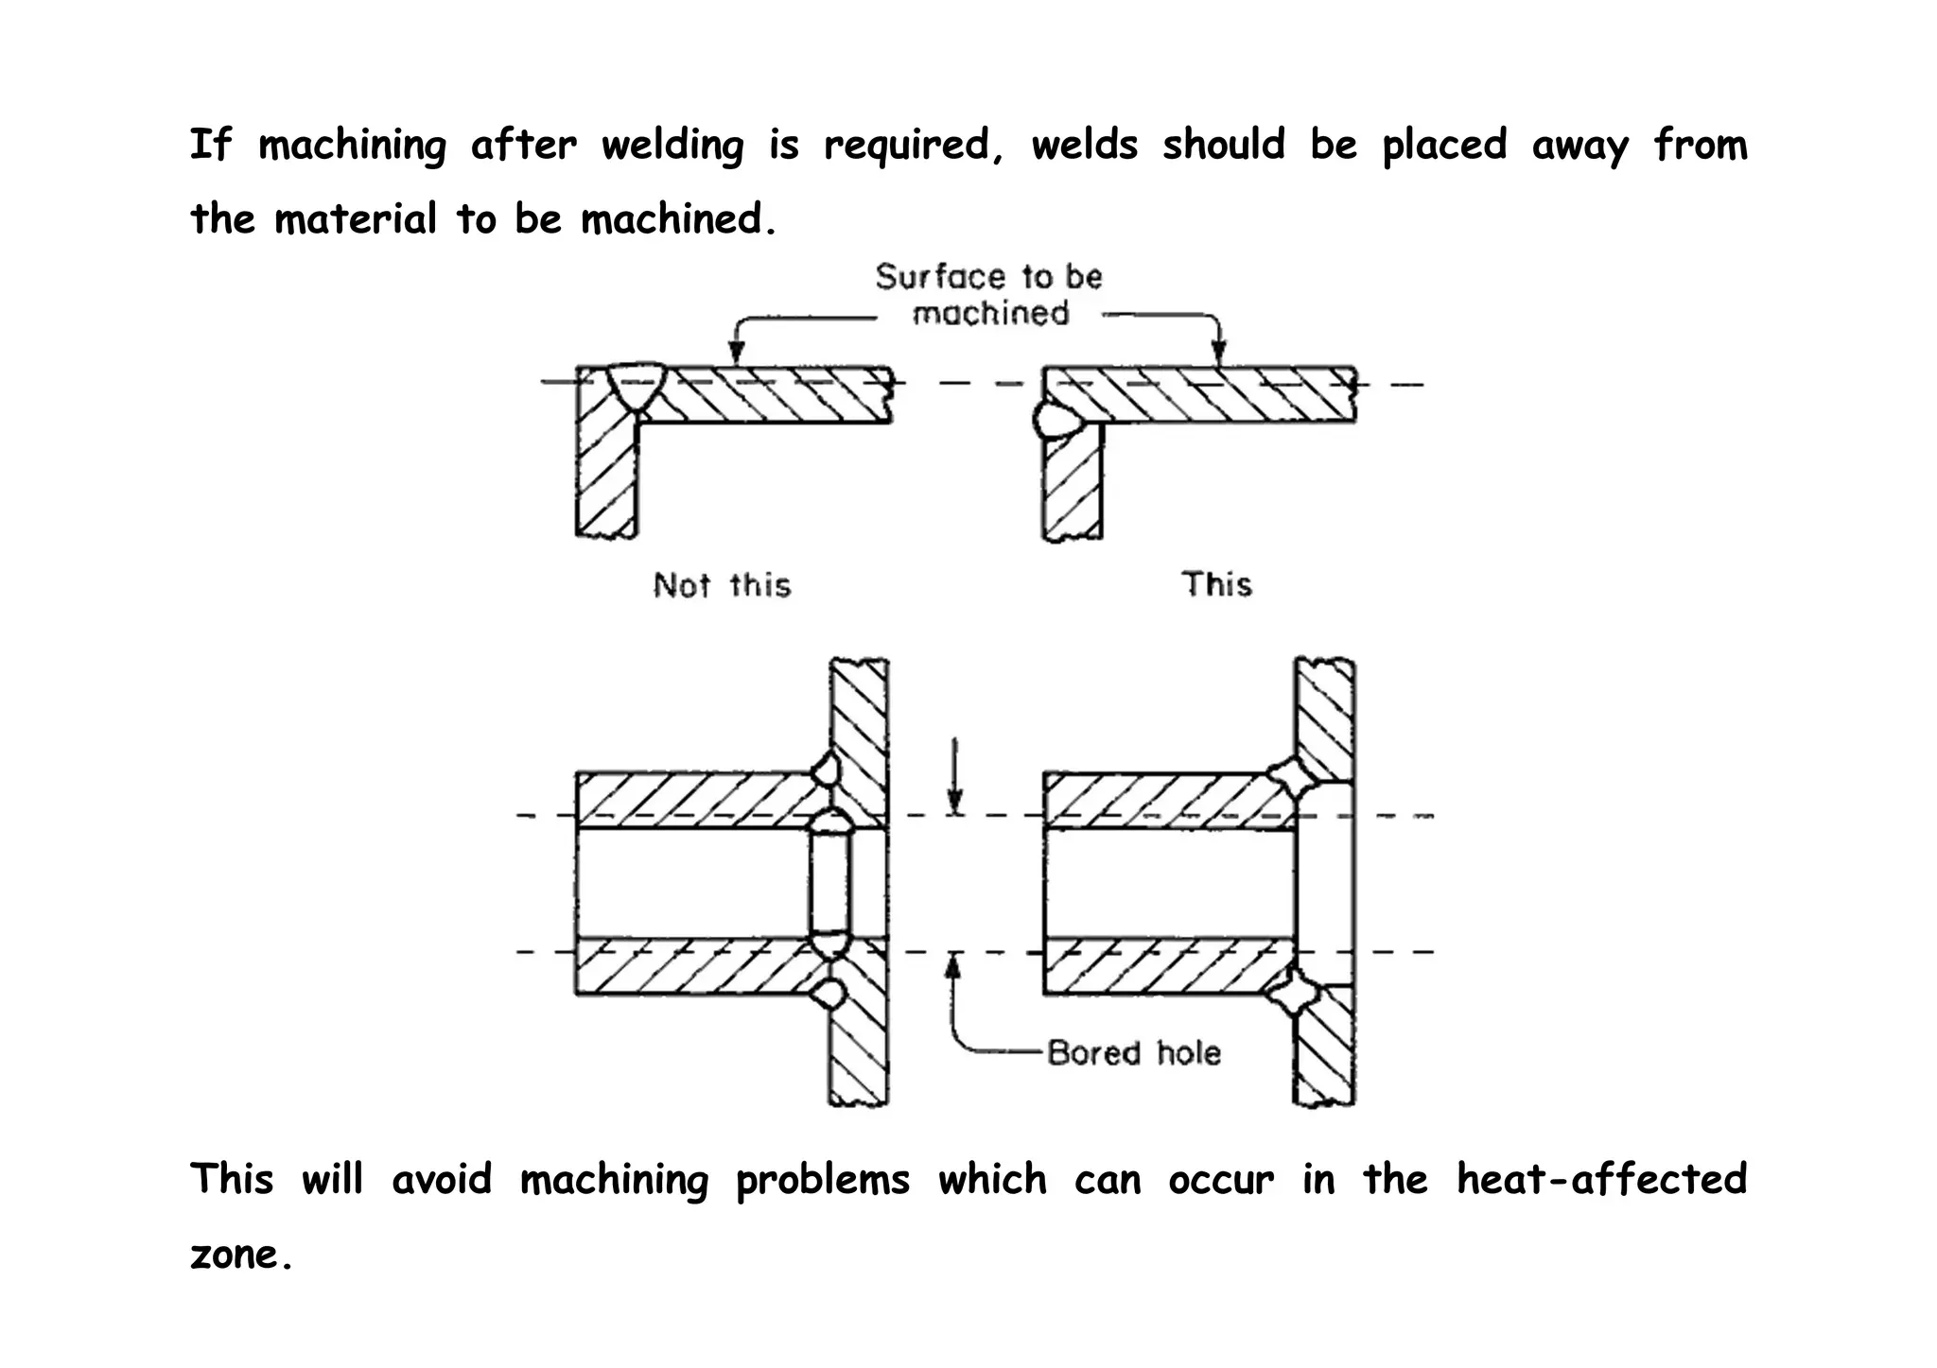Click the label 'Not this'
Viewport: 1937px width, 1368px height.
click(x=722, y=585)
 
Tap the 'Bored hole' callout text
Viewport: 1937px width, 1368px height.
click(x=1134, y=1053)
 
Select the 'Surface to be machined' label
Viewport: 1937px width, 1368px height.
click(x=989, y=294)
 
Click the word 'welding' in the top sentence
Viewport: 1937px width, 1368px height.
click(x=672, y=146)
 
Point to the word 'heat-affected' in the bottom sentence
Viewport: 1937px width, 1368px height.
click(x=1601, y=1179)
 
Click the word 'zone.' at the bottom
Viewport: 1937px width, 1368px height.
click(x=239, y=1255)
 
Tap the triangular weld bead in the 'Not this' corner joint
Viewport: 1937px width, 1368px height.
click(x=637, y=386)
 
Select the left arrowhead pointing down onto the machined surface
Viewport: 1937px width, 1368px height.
click(x=738, y=355)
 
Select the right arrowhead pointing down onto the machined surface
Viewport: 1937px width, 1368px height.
click(x=1219, y=355)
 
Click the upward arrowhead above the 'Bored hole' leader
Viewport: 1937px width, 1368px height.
click(x=954, y=965)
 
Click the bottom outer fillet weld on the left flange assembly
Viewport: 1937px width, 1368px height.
click(x=829, y=995)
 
